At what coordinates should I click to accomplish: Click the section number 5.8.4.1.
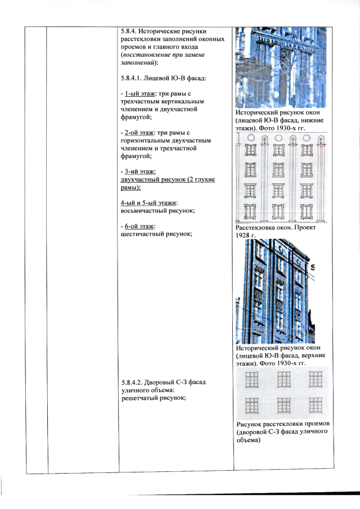(x=130, y=78)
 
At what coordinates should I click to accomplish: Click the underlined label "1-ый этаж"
(x=140, y=94)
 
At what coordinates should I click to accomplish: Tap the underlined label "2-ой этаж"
(x=139, y=133)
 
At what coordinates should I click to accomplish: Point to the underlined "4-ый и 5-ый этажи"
(x=148, y=203)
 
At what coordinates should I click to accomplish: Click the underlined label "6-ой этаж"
(x=139, y=226)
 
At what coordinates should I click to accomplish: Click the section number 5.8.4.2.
(x=132, y=382)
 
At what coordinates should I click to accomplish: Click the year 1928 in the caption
(x=242, y=235)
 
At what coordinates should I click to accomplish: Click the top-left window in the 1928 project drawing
(x=251, y=150)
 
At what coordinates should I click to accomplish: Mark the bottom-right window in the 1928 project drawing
(x=307, y=211)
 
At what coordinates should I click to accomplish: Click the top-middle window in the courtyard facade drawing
(x=283, y=380)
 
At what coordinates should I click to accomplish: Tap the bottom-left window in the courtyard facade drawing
(x=251, y=405)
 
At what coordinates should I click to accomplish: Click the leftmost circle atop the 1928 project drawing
(x=251, y=138)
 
